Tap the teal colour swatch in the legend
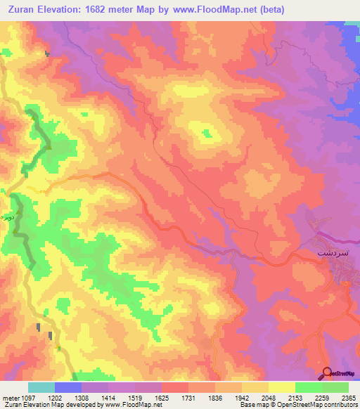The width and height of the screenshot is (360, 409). point(41,387)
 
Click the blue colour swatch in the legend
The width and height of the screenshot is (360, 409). point(68,387)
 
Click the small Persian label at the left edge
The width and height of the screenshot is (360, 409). point(6,219)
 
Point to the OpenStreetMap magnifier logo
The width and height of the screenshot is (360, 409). point(326,372)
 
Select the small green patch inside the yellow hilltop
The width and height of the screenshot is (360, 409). point(207,132)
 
